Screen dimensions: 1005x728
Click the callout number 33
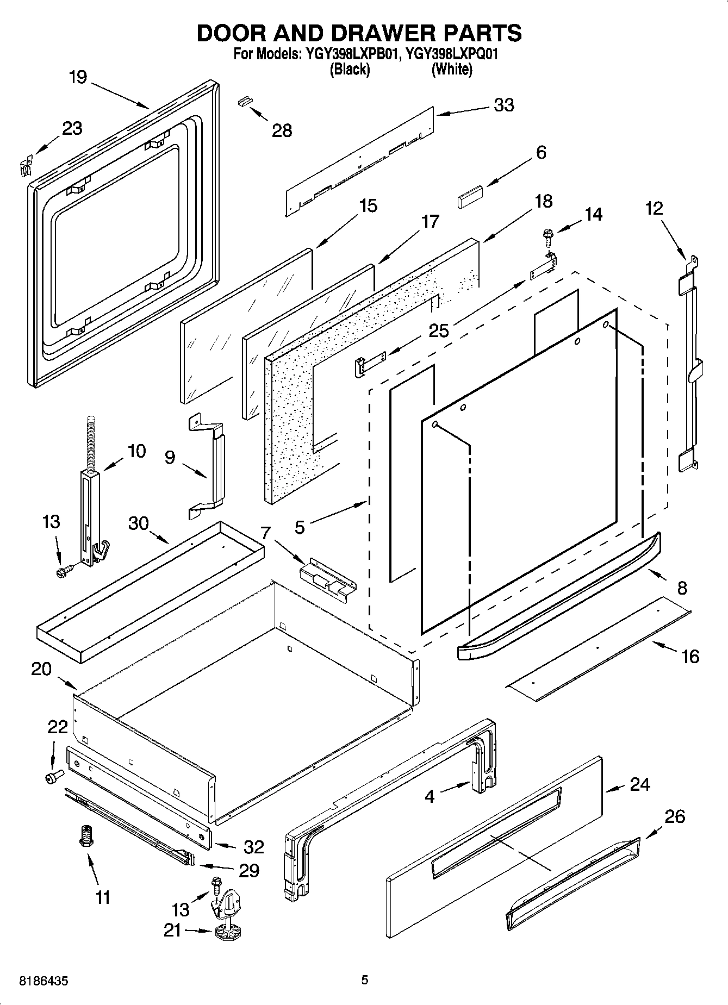503,105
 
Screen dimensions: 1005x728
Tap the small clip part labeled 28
246,101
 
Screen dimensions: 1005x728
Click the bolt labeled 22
54,776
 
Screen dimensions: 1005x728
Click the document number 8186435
43,981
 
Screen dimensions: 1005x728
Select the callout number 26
674,816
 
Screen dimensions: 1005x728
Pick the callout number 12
654,208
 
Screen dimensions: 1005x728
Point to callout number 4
430,797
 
